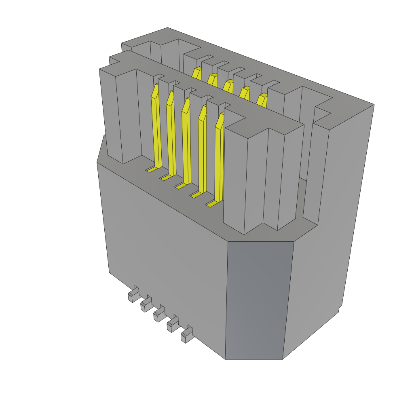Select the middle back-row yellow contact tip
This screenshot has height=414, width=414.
tap(228, 85)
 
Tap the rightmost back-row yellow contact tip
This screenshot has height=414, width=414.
tap(262, 99)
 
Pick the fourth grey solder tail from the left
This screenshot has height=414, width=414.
tap(173, 325)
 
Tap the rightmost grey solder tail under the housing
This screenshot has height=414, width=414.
tap(187, 335)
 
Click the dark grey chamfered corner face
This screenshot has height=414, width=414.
tap(259, 299)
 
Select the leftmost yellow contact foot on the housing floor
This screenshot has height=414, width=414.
tap(151, 170)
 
